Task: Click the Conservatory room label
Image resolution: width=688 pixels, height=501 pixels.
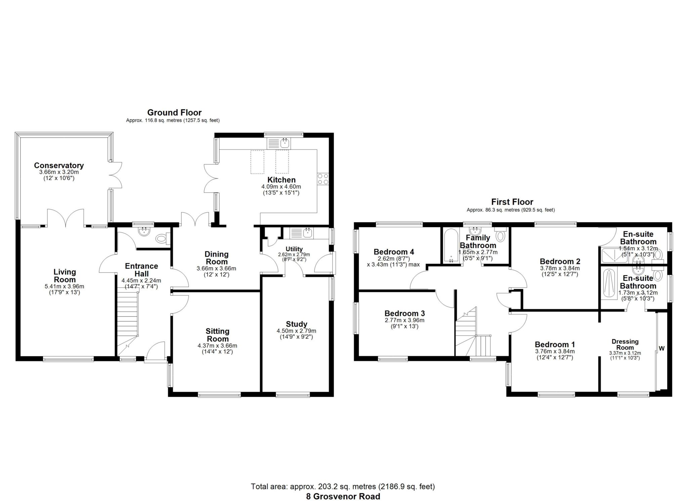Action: [x=59, y=165]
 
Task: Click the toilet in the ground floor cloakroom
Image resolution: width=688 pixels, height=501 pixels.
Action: [x=162, y=239]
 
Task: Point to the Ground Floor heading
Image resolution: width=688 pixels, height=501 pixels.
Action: [x=174, y=112]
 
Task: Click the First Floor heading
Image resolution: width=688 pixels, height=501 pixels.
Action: [x=512, y=202]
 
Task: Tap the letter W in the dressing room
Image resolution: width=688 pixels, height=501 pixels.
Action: [x=661, y=349]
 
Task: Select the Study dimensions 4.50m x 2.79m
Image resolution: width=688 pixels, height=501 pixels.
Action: [x=296, y=331]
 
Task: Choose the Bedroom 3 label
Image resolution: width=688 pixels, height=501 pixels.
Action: [x=404, y=313]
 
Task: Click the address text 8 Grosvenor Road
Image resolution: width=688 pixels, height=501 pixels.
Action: [x=343, y=496]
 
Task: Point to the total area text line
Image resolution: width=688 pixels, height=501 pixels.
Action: [x=343, y=486]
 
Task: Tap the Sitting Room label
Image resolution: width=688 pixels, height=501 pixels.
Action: [x=217, y=335]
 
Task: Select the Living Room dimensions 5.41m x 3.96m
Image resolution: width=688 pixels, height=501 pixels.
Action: [x=64, y=286]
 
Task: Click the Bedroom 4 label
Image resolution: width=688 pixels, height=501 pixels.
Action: [x=394, y=252]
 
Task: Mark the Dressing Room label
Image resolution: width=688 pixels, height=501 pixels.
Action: [x=625, y=344]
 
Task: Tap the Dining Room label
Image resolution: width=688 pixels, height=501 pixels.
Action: [x=216, y=258]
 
